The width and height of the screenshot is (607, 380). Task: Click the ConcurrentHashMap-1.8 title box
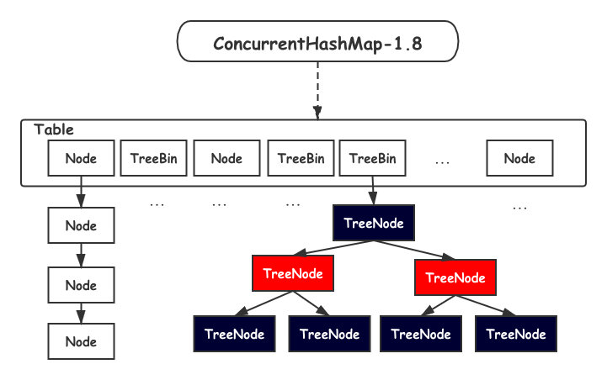click(x=317, y=41)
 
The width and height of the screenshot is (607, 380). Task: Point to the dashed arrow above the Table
click(x=317, y=91)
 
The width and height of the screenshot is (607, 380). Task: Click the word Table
click(x=53, y=129)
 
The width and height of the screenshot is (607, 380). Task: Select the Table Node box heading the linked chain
click(x=81, y=158)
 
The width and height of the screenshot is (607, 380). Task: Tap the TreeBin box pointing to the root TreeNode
click(x=372, y=158)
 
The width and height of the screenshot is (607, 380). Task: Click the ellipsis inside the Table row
click(x=442, y=163)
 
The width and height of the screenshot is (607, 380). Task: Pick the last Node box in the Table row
click(x=519, y=158)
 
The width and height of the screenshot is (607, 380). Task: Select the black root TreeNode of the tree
click(x=374, y=223)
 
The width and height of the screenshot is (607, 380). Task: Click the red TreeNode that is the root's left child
click(x=293, y=273)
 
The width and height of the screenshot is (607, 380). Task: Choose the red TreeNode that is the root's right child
click(x=455, y=277)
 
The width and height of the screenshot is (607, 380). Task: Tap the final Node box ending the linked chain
click(x=81, y=341)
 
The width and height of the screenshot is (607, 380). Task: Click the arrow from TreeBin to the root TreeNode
click(x=372, y=191)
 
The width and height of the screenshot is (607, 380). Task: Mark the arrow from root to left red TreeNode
click(x=334, y=248)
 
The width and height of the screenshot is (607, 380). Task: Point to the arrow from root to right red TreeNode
click(x=414, y=251)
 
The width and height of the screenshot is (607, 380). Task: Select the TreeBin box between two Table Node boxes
click(x=154, y=158)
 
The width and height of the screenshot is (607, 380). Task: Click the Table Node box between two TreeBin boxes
click(x=226, y=158)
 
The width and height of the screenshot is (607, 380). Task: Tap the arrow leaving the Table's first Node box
click(x=81, y=192)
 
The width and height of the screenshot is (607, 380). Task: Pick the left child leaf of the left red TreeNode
click(x=234, y=334)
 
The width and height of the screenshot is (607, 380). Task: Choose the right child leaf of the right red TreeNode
click(x=516, y=334)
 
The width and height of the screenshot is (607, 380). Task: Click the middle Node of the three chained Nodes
click(x=81, y=285)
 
